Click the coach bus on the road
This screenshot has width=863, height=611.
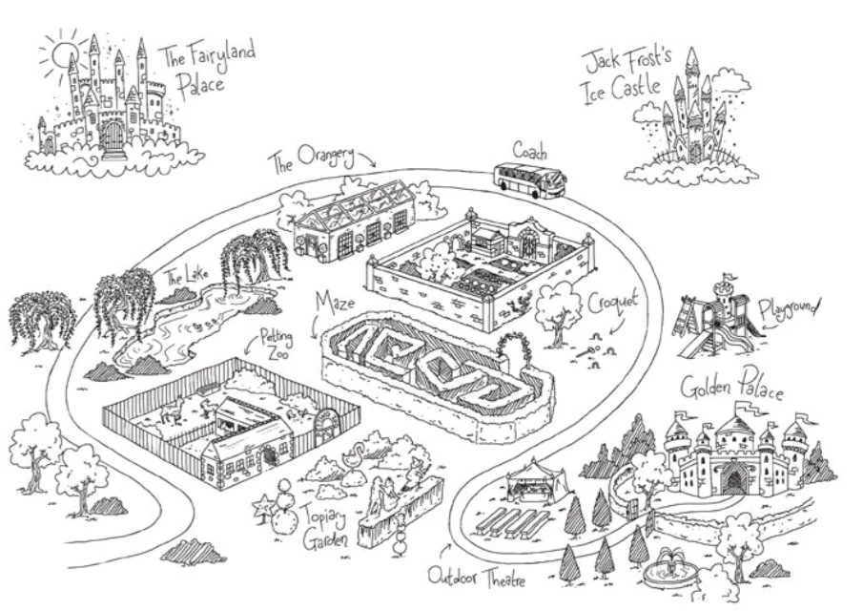pos(528,179)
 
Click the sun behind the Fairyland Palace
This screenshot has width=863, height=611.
pos(63,54)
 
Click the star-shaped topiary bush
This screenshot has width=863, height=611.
pos(259,502)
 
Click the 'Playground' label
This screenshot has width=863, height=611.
pos(790,311)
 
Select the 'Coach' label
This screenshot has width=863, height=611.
pos(530,151)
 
